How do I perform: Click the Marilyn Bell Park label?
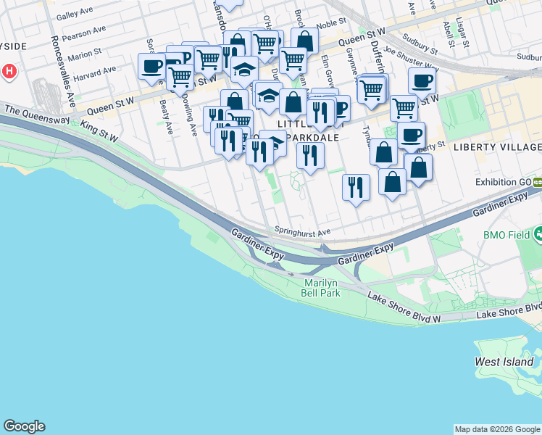click(x=321, y=287)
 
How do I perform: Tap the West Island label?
click(x=504, y=361)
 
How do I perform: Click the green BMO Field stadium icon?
click(x=538, y=234)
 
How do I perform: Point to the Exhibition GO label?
click(x=501, y=182)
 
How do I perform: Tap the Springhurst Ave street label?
click(x=302, y=232)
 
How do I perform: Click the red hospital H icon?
click(x=9, y=72)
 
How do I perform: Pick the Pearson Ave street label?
click(x=80, y=36)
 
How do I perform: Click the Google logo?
click(x=24, y=426)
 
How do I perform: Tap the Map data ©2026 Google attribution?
click(x=497, y=429)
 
